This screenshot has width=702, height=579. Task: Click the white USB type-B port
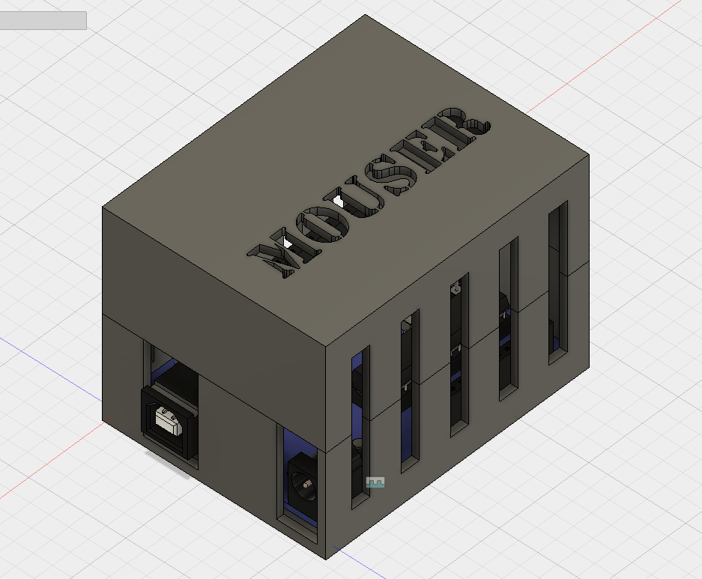[169, 420]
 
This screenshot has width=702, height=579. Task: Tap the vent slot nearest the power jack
[360, 427]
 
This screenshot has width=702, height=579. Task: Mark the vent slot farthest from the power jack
[558, 282]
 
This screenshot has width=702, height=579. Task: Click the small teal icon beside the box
[375, 482]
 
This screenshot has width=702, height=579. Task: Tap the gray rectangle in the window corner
[43, 21]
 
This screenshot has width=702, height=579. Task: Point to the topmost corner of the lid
[366, 15]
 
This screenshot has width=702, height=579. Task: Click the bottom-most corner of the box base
[327, 559]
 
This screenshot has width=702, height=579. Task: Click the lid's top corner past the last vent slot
[589, 156]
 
